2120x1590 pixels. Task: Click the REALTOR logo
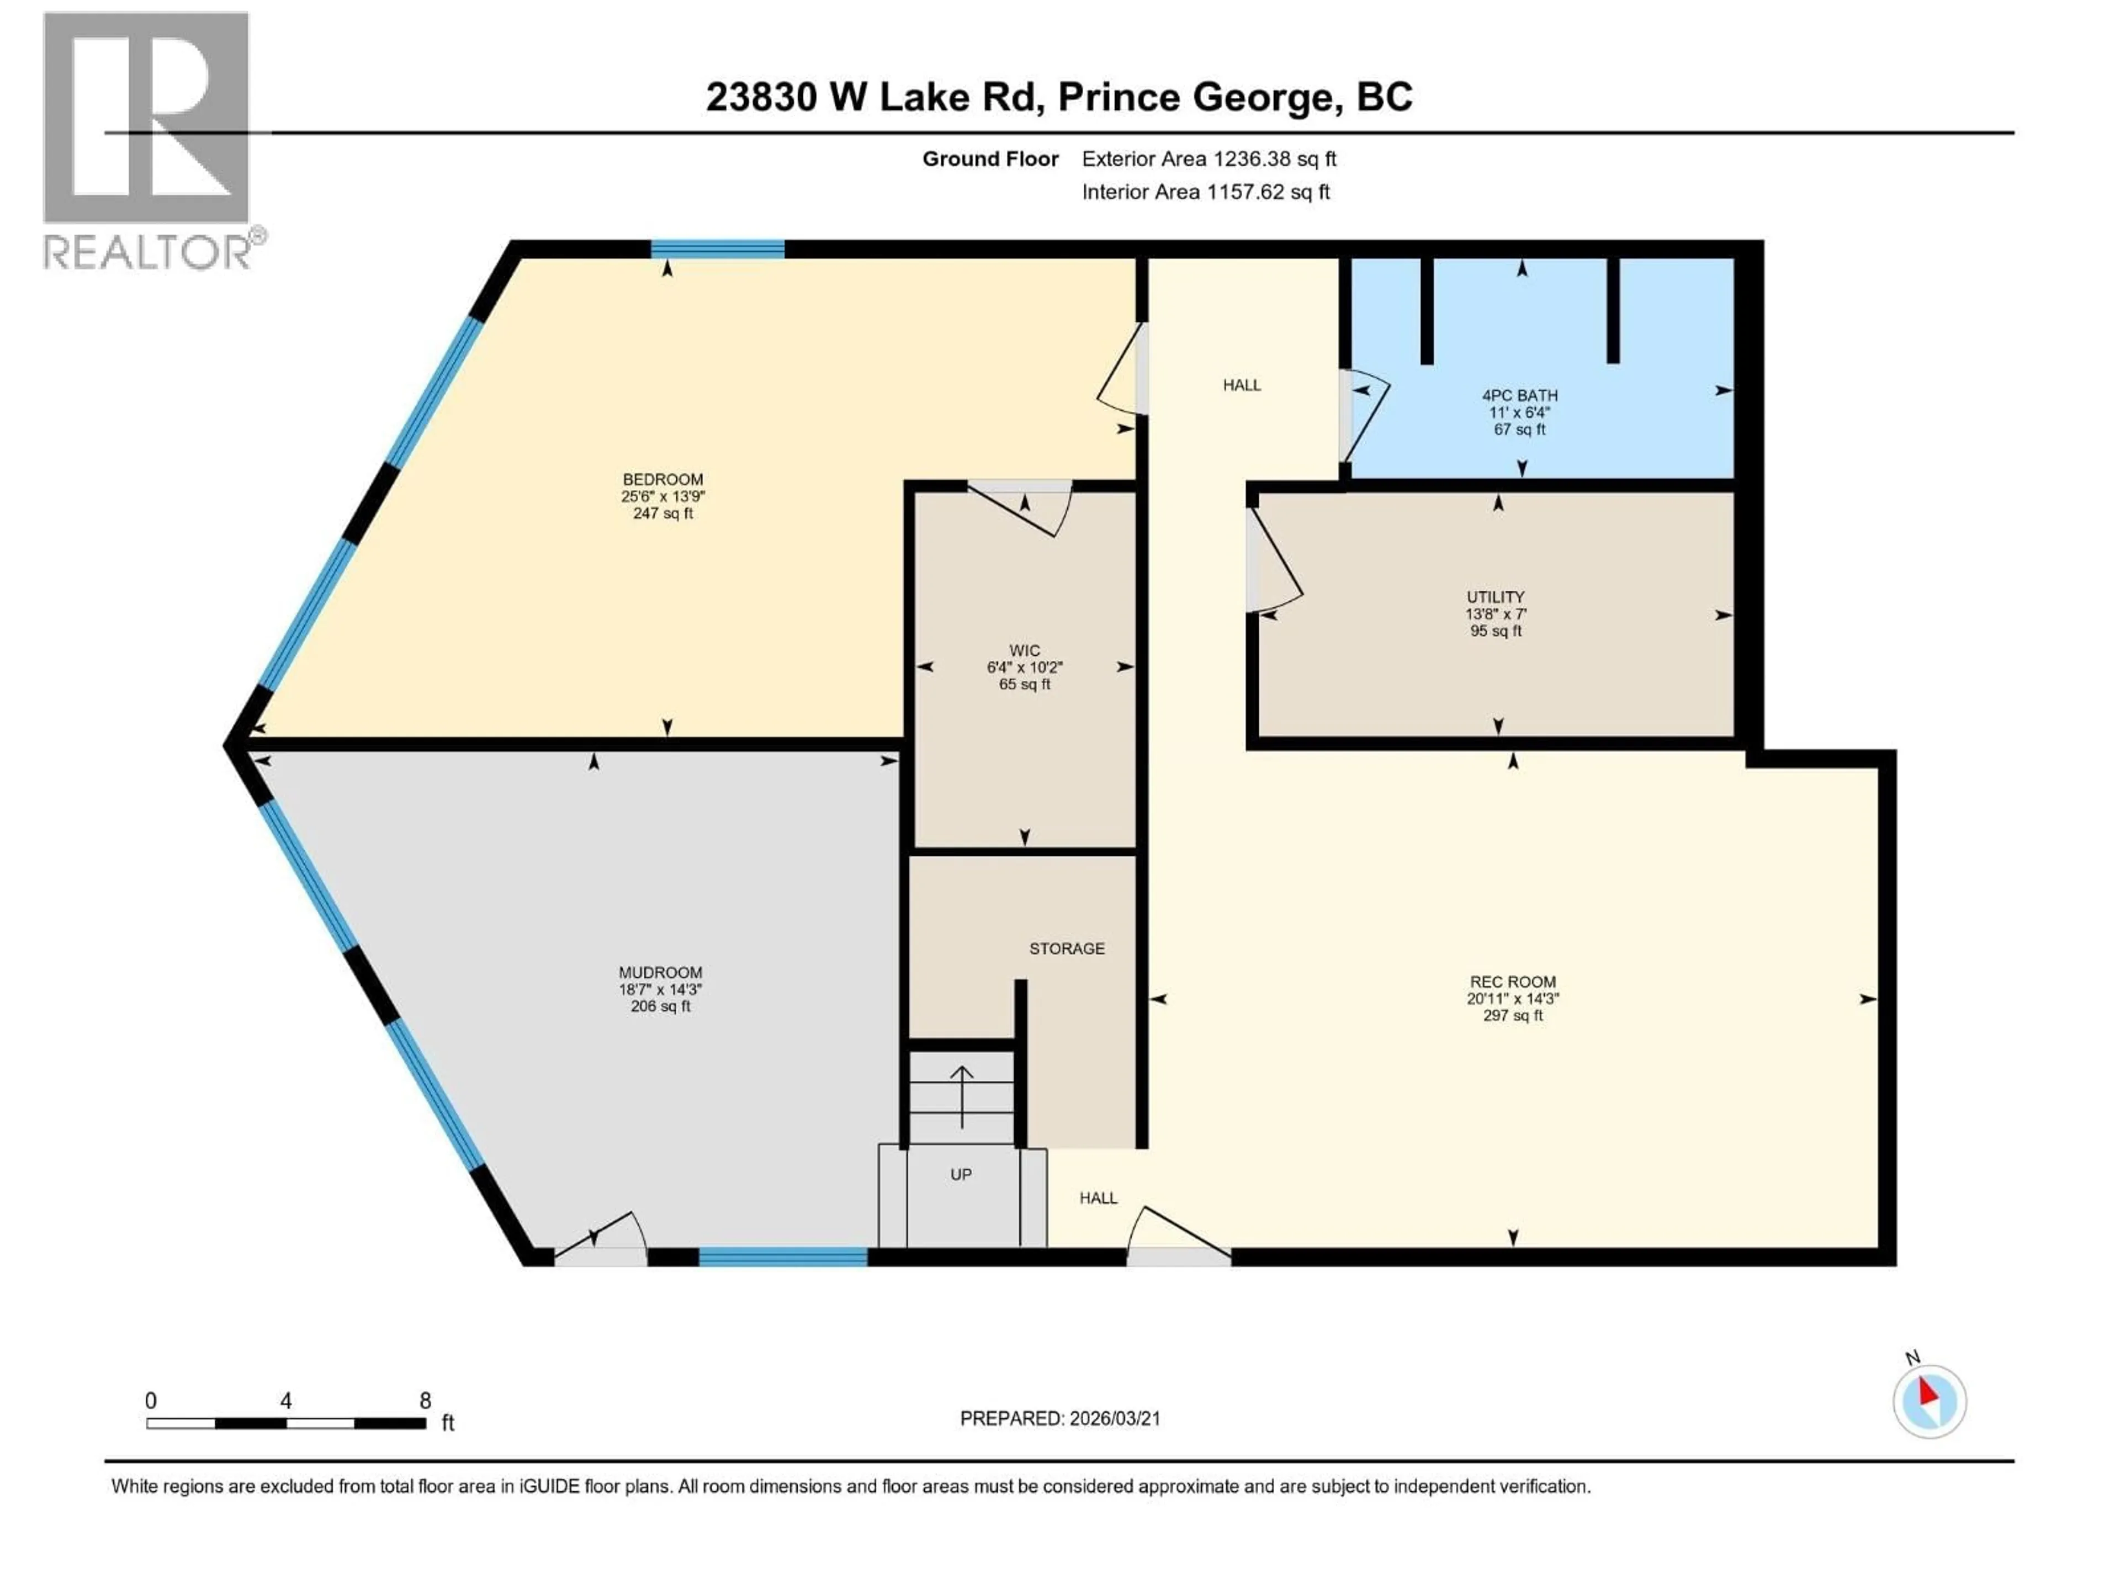point(149,139)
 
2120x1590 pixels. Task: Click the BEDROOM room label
point(662,479)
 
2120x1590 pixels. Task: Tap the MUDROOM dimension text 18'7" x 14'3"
point(660,989)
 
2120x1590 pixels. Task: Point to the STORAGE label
point(1067,948)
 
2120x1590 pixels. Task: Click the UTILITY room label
point(1495,596)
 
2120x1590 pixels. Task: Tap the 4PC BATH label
point(1519,395)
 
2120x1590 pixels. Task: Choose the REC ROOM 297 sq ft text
point(1512,1015)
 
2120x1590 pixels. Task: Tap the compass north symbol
point(1930,1401)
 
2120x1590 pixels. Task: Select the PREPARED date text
point(1060,1418)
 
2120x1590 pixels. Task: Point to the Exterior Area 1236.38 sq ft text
point(1209,159)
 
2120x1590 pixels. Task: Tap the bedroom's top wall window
point(718,249)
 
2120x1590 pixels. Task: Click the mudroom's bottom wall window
point(783,1257)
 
